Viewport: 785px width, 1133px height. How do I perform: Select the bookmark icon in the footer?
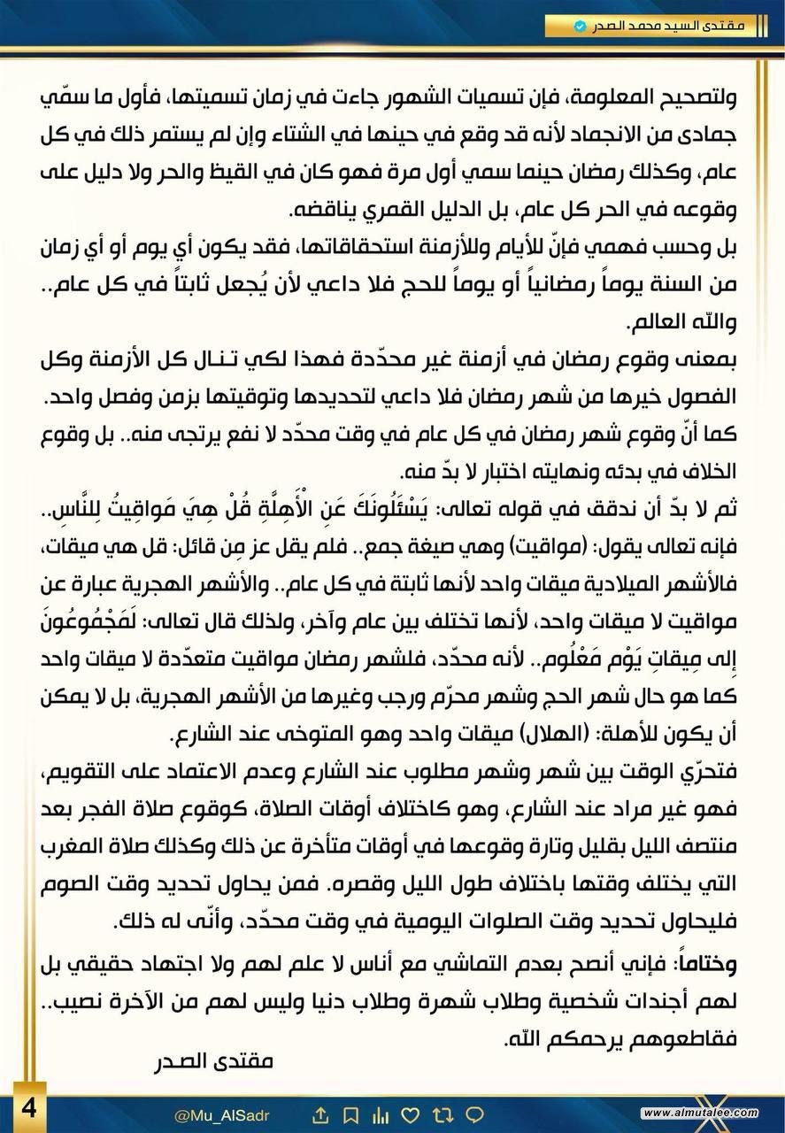click(x=352, y=1114)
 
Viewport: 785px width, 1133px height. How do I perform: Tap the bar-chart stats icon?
click(x=381, y=1114)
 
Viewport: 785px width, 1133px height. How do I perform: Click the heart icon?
click(x=411, y=1114)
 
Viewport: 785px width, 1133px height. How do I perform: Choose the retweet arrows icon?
click(x=443, y=1114)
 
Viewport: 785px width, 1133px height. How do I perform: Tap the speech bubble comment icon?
click(x=473, y=1114)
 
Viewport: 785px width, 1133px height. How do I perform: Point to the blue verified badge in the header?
click(x=580, y=27)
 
